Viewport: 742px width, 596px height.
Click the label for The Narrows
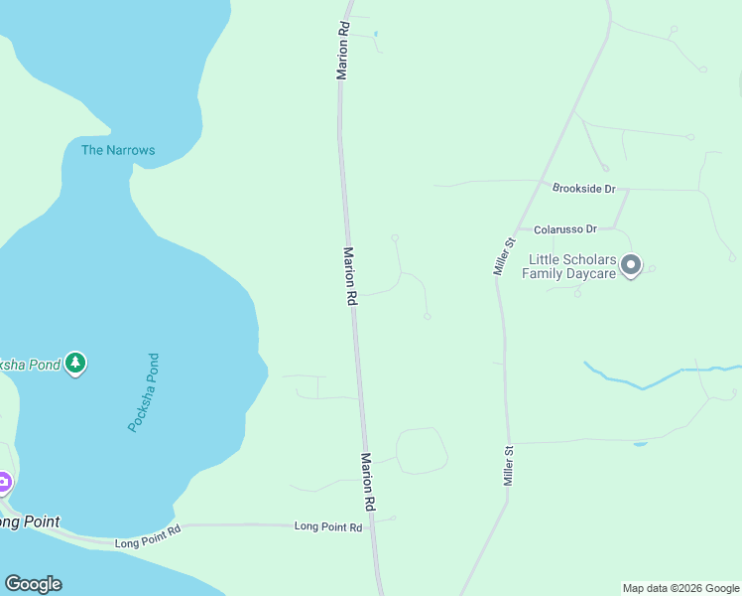(118, 150)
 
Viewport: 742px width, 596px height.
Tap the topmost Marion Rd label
(343, 52)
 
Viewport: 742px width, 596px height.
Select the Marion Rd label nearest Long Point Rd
(367, 483)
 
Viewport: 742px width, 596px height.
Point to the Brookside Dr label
(584, 188)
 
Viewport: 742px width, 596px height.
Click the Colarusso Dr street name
(564, 229)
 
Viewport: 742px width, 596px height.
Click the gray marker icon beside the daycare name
(631, 265)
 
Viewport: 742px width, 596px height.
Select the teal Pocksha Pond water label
(143, 392)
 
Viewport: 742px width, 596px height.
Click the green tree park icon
(75, 364)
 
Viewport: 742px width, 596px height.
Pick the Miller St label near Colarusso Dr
(505, 255)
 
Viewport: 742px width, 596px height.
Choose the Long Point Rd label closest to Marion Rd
(327, 526)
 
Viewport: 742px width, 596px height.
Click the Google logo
(33, 584)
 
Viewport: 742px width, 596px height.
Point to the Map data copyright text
(680, 588)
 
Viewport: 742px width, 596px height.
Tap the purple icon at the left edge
(3, 484)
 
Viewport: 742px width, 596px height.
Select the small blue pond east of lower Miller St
(640, 443)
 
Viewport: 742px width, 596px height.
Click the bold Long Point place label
(30, 521)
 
